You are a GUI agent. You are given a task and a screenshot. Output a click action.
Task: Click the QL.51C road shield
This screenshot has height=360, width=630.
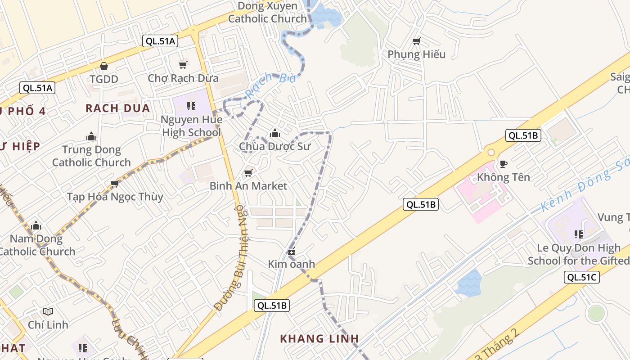click(x=581, y=277)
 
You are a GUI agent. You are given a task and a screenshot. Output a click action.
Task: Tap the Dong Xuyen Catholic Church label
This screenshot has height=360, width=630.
click(x=267, y=13)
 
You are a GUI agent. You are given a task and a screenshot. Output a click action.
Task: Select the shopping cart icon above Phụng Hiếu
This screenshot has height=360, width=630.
click(x=417, y=41)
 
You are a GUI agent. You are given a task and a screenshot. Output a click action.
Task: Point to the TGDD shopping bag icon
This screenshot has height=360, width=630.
click(x=104, y=67)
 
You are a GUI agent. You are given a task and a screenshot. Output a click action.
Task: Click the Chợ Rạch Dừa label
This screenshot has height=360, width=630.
click(x=183, y=78)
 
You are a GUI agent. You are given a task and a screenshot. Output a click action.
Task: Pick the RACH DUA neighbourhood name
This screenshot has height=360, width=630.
click(x=117, y=108)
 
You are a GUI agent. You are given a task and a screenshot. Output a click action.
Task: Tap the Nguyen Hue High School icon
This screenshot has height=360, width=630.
click(x=191, y=106)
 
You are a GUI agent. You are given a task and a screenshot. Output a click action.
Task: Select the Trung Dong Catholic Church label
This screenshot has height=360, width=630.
click(x=91, y=156)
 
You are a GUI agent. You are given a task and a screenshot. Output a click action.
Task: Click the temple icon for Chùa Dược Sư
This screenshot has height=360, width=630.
click(x=274, y=134)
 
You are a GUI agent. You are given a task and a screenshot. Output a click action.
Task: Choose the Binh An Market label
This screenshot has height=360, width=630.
click(x=248, y=186)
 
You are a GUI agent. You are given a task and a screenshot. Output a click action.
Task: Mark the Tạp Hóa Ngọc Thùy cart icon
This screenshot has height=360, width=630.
click(x=114, y=184)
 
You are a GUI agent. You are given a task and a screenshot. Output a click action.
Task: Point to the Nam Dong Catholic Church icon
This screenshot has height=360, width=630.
click(x=36, y=225)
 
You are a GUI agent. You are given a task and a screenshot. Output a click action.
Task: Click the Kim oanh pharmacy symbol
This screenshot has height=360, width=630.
click(x=292, y=252)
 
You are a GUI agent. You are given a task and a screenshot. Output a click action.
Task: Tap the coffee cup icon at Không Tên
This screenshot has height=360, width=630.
click(x=503, y=164)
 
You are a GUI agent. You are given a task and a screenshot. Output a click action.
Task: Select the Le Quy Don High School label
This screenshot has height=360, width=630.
click(x=579, y=254)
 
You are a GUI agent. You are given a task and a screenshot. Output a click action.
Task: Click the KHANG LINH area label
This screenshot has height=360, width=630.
click(x=319, y=338)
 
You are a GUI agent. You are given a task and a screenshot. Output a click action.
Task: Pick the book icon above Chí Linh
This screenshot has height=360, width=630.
click(x=48, y=311)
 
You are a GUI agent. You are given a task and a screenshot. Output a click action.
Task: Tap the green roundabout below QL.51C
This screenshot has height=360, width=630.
click(x=596, y=313)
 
